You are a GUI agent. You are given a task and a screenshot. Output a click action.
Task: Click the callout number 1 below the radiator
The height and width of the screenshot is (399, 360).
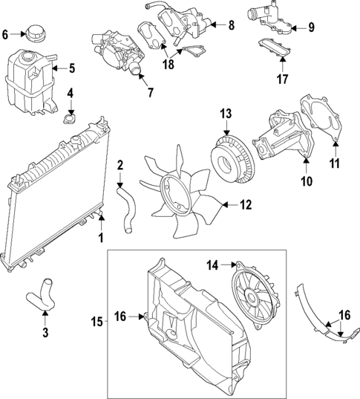tap(101, 239)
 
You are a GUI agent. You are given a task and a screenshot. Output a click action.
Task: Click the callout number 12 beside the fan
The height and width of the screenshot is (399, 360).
tap(246, 204)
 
